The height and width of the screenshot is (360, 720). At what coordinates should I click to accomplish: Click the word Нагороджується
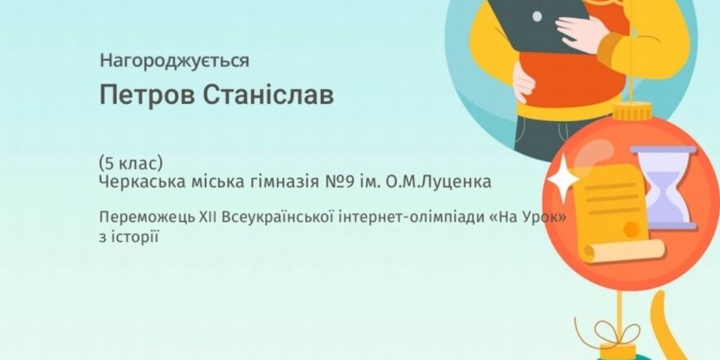pyautogui.click(x=174, y=61)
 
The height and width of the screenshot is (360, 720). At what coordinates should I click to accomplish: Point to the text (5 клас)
pyautogui.click(x=131, y=164)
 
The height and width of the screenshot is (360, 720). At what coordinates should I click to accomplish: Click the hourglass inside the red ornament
pyautogui.click(x=664, y=188)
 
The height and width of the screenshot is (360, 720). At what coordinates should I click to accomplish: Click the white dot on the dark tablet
pyautogui.click(x=537, y=16)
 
